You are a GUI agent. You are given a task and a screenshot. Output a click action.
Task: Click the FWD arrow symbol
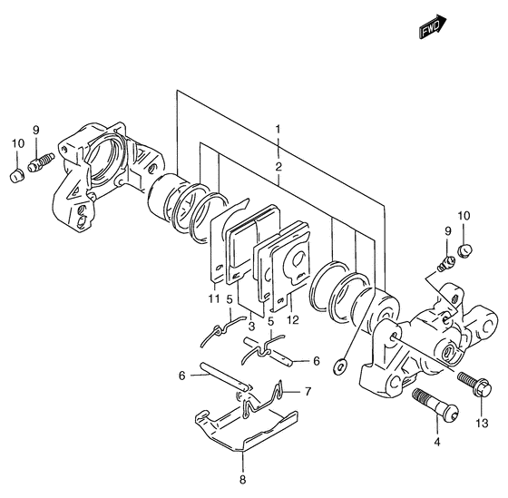tap(433, 26)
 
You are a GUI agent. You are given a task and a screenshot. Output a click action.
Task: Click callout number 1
tap(278, 130)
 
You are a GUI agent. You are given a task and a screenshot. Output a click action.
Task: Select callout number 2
tap(278, 167)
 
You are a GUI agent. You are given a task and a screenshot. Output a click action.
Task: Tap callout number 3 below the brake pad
tap(252, 326)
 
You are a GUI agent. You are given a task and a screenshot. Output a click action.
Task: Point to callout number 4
tap(437, 442)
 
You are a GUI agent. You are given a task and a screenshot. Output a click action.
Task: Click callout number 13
tap(482, 423)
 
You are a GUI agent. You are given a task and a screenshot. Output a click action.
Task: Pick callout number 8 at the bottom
tap(243, 479)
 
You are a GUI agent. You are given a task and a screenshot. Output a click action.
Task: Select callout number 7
tap(308, 391)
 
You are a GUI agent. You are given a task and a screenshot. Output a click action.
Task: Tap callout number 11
tap(214, 298)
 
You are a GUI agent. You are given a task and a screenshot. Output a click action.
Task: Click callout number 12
tap(292, 320)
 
